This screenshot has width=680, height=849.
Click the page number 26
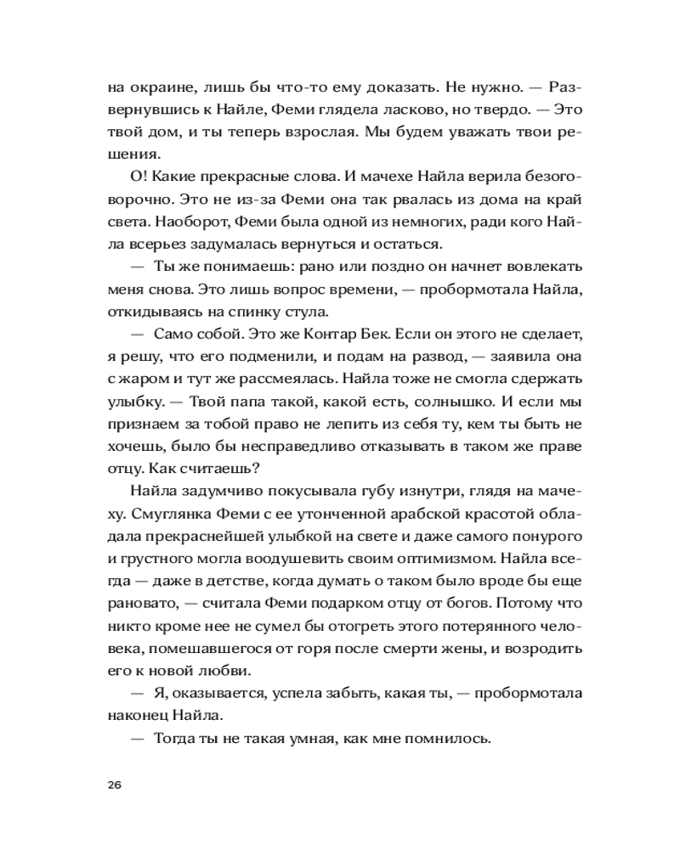point(116,784)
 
